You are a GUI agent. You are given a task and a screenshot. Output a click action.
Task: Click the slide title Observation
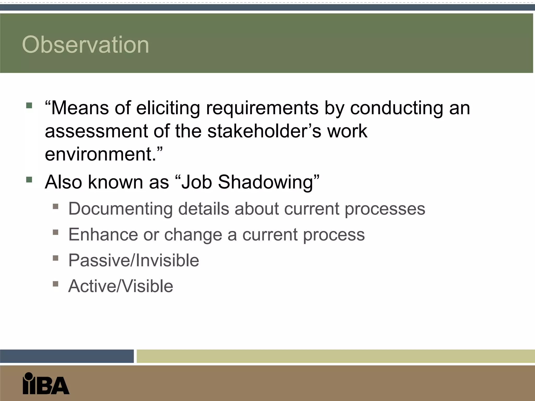(85, 45)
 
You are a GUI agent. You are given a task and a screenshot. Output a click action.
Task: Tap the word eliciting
(168, 108)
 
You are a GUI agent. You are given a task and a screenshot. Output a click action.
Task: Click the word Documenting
(120, 209)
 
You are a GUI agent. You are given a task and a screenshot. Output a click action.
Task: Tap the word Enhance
(103, 234)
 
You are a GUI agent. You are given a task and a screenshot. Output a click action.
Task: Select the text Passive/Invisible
(133, 260)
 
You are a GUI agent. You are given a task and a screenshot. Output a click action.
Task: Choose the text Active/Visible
(120, 286)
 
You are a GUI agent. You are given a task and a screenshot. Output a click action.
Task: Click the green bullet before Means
(29, 105)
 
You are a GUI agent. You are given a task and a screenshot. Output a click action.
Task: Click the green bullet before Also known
(29, 180)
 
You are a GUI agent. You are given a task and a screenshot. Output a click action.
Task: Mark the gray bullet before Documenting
(55, 207)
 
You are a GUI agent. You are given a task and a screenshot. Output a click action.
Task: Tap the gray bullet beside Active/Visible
(55, 284)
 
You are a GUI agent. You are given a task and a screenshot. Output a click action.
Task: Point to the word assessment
(96, 131)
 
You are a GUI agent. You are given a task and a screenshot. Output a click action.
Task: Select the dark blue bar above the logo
(67, 356)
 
